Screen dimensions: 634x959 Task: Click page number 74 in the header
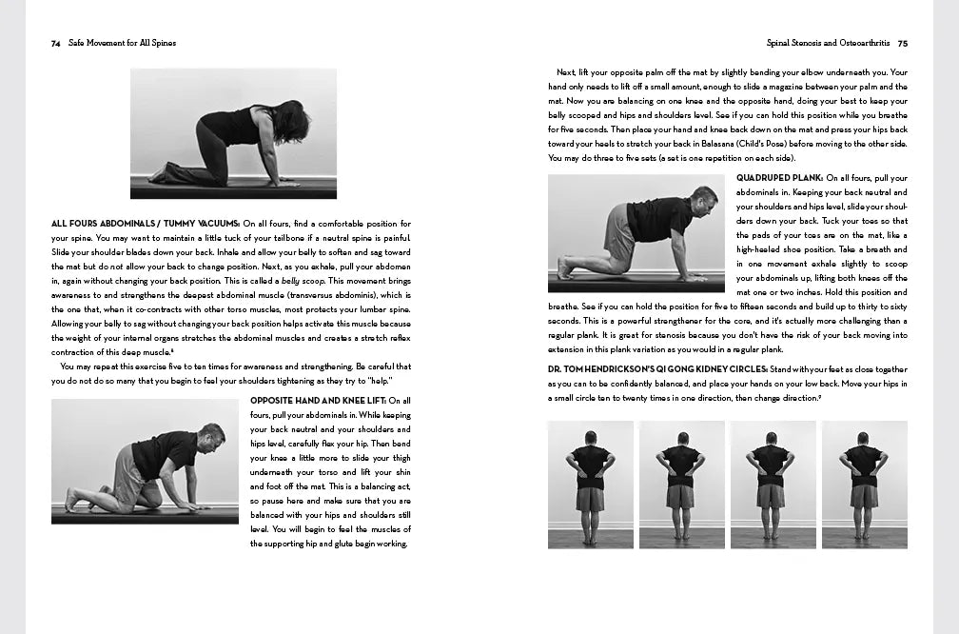(x=56, y=43)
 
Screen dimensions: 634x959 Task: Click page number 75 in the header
(x=902, y=43)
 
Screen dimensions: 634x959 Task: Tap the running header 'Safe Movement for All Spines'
(x=123, y=43)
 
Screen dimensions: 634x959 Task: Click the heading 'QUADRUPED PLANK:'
(x=779, y=178)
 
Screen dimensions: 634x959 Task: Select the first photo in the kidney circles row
(x=590, y=485)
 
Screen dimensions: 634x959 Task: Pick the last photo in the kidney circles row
(x=864, y=485)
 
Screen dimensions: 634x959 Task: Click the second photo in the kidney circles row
(x=681, y=485)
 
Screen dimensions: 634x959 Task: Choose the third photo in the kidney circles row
(x=773, y=485)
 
